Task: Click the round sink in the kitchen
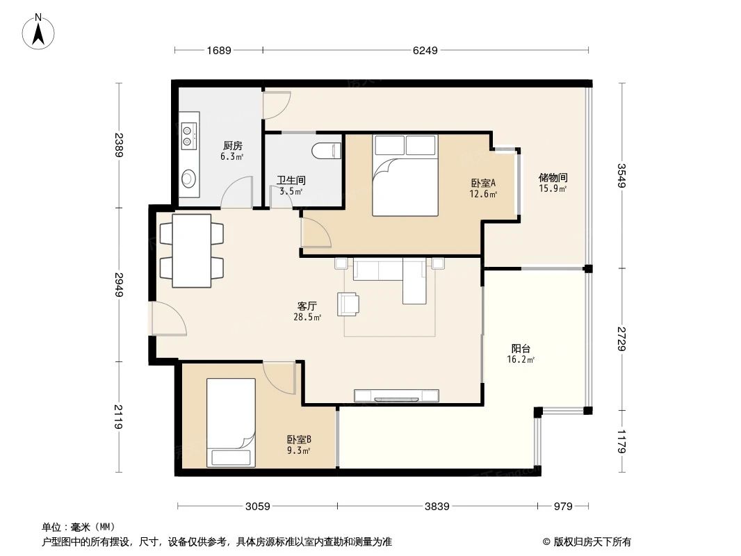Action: click(x=188, y=179)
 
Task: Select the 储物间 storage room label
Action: click(x=553, y=182)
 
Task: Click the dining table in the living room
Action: click(x=192, y=251)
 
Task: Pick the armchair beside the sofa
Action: click(x=349, y=304)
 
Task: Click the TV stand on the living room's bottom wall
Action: click(x=396, y=396)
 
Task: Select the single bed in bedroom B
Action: click(x=231, y=422)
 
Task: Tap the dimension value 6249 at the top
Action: click(x=425, y=50)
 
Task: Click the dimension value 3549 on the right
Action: click(x=621, y=175)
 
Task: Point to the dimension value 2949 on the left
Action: click(x=120, y=285)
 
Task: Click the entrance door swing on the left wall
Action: click(x=168, y=320)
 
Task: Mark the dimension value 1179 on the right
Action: click(x=621, y=442)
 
